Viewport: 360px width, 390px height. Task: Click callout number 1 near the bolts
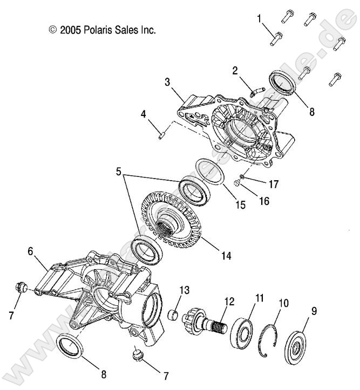[260, 19]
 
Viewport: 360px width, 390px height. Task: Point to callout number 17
[274, 184]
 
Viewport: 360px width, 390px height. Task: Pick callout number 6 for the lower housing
[31, 251]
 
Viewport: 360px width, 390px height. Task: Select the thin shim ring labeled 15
[206, 174]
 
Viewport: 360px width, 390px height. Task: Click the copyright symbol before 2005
[52, 30]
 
